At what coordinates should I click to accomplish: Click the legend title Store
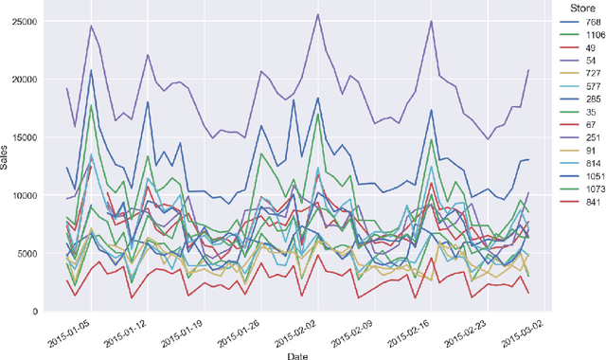(576, 8)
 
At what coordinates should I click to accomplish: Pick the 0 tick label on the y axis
(36, 312)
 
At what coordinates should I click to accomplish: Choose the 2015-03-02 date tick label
(526, 330)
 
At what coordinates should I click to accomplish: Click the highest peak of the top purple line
(317, 14)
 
